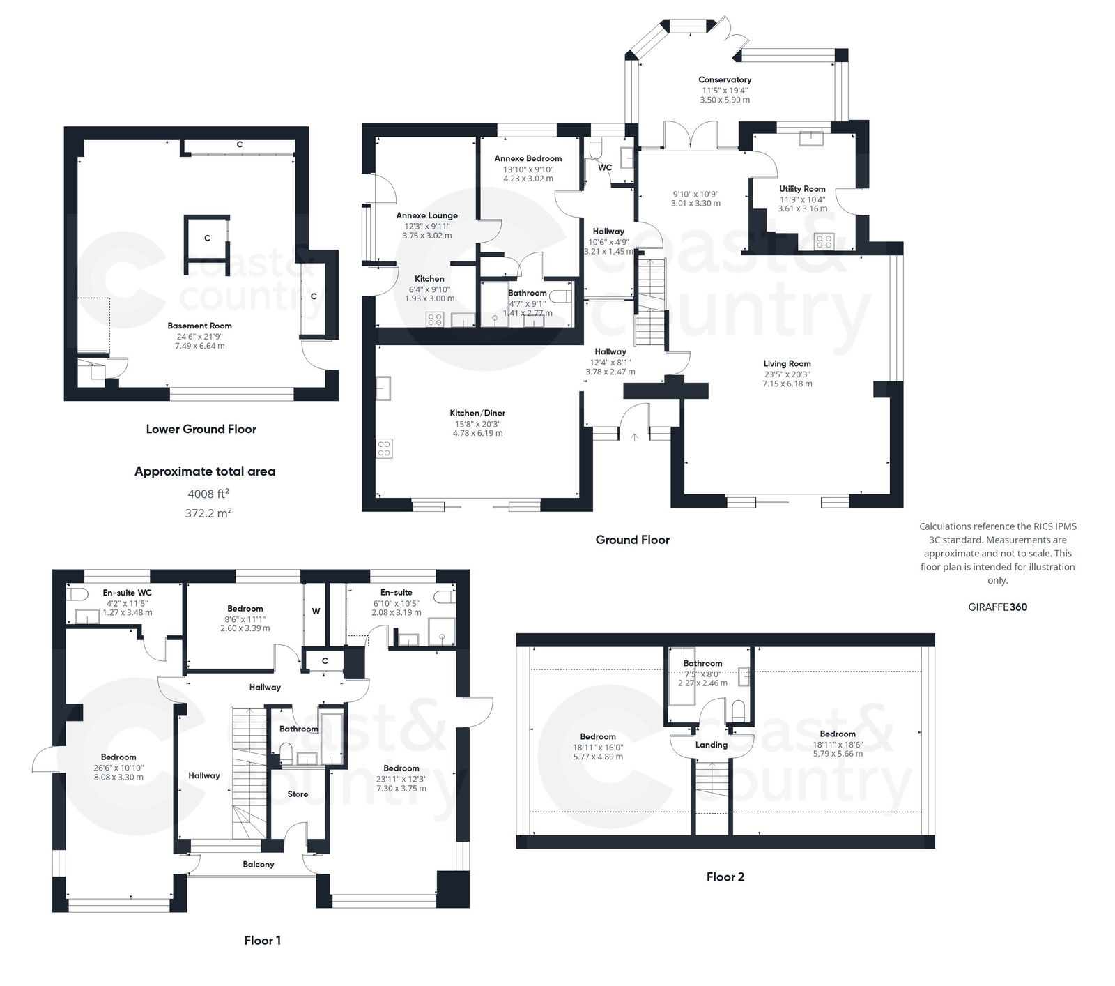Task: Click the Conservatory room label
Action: pos(725,80)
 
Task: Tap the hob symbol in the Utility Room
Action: pos(824,241)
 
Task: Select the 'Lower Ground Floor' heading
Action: pos(201,430)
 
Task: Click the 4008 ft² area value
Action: pos(208,494)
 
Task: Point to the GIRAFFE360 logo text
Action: pos(997,607)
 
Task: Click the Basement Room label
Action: pos(199,326)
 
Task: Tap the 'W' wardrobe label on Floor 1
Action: pos(316,612)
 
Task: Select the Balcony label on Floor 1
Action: pos(258,864)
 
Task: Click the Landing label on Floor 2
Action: pos(711,745)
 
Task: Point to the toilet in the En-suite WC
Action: pos(77,594)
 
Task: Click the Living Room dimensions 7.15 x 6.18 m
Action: pos(787,384)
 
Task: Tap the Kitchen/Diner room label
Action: pos(477,413)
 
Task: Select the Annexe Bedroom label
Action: pos(528,158)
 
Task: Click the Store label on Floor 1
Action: pos(298,794)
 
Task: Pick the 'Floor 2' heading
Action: pos(725,877)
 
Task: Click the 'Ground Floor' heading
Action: pos(632,540)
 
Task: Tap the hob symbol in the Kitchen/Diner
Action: pos(384,448)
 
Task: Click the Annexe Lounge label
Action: pos(426,215)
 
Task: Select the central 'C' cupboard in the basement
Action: pos(207,238)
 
